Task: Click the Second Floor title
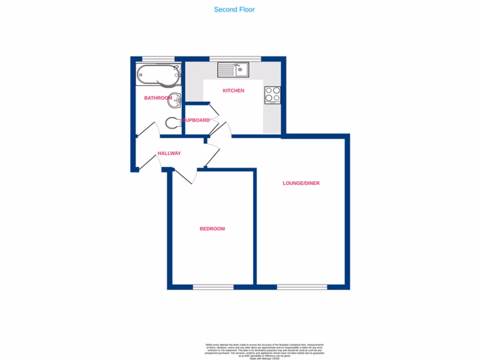234,9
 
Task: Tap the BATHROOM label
158,98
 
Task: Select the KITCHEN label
233,90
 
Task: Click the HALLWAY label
169,153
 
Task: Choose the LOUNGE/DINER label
301,183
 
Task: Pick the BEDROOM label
212,229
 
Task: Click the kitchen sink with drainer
233,70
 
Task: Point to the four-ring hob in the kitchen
273,95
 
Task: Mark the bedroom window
213,287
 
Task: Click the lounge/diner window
302,287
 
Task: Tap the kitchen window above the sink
235,59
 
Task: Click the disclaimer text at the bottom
265,351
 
